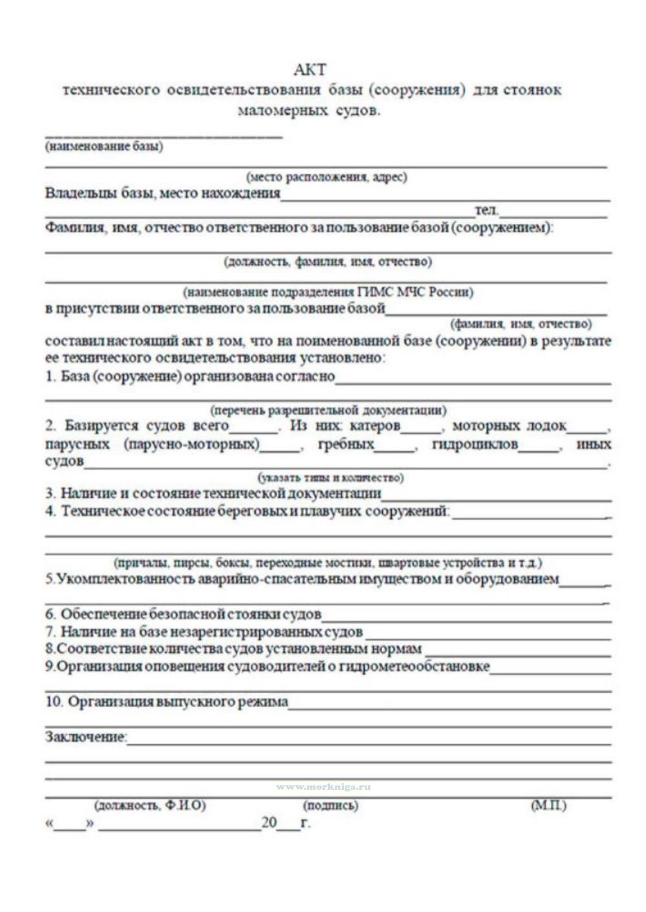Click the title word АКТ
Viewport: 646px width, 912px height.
click(x=310, y=69)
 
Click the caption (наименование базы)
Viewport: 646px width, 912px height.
click(x=104, y=146)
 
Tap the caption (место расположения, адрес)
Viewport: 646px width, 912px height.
click(x=326, y=177)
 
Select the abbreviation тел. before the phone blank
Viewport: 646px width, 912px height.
click(x=486, y=210)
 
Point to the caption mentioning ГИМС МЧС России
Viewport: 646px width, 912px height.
click(x=328, y=292)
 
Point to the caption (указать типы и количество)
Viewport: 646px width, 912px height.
click(x=330, y=477)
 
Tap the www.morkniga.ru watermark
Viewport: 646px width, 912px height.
click(x=323, y=787)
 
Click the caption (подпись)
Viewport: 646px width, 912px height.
click(x=330, y=805)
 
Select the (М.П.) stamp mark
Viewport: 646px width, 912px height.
click(x=548, y=805)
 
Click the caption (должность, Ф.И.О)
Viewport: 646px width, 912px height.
click(x=150, y=805)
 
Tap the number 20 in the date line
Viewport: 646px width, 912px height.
click(x=269, y=823)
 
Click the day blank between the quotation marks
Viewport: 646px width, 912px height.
click(x=70, y=824)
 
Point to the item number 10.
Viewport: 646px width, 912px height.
click(x=54, y=702)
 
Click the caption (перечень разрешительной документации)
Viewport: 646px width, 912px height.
click(x=328, y=411)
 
